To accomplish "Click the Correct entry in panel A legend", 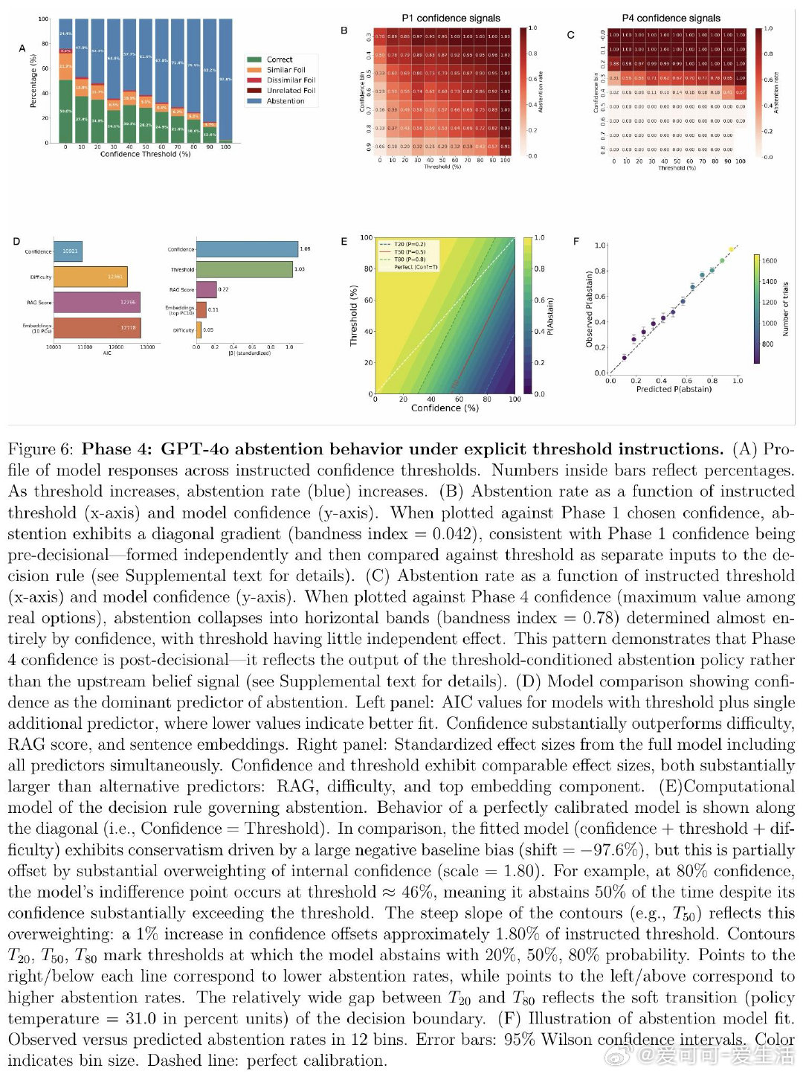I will tap(279, 60).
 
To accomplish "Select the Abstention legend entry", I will tap(285, 101).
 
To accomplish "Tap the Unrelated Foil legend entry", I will tap(291, 91).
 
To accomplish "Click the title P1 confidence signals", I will tap(451, 18).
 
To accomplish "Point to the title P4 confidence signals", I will tap(671, 18).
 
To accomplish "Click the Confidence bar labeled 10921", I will tap(68, 251).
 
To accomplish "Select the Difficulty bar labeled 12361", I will tap(91, 277).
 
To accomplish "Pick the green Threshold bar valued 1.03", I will tap(245, 269).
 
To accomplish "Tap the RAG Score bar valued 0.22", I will tap(206, 289).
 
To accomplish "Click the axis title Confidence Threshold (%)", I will tap(145, 154).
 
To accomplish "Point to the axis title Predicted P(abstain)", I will tap(674, 389).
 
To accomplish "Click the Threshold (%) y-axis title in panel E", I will tap(354, 315).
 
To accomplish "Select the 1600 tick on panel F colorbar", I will tap(769, 261).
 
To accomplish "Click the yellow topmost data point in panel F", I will tap(731, 249).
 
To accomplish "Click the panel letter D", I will tap(16, 241).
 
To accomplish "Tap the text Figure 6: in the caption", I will tap(41, 449).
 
